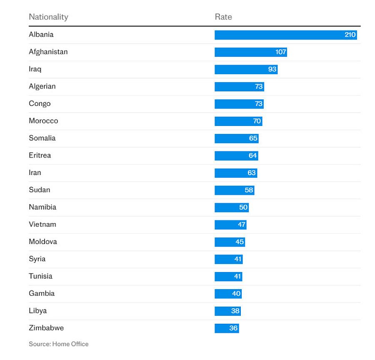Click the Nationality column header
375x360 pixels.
(48, 17)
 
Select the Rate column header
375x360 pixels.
(223, 17)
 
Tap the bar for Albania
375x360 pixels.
(285, 35)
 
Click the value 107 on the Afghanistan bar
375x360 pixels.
(280, 52)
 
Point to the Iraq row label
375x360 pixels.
(35, 69)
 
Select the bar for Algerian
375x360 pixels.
(239, 86)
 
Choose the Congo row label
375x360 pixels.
(40, 104)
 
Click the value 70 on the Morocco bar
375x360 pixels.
(257, 121)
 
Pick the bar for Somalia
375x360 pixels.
(236, 138)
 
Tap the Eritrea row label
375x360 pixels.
(40, 156)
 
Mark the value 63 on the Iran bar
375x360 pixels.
(251, 173)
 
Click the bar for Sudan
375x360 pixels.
(234, 190)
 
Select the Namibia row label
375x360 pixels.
(42, 207)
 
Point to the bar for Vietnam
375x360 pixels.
(230, 224)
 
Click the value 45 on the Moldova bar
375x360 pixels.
(240, 242)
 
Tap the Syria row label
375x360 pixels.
(37, 259)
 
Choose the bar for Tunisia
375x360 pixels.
(228, 276)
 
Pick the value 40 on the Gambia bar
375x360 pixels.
(236, 294)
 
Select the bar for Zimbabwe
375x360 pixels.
(227, 328)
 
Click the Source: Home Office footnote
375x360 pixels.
(59, 344)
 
